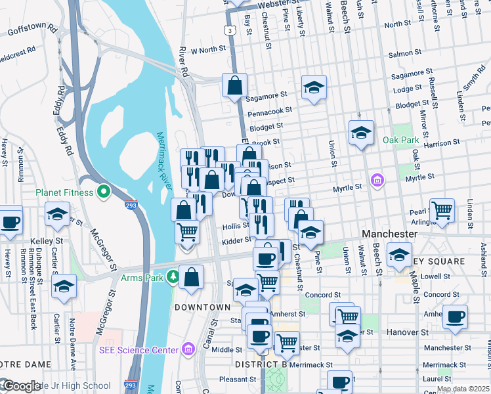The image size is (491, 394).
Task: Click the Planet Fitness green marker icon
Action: (103, 192)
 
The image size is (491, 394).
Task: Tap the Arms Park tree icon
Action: (173, 276)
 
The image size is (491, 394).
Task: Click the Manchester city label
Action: (390, 234)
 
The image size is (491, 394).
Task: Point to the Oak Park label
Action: (401, 140)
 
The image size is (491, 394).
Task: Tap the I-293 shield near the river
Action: (131, 204)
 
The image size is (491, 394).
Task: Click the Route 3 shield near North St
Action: (228, 30)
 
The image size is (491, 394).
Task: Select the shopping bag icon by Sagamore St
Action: (234, 85)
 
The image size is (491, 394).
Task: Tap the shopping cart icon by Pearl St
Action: (442, 211)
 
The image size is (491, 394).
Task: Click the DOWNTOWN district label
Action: (202, 307)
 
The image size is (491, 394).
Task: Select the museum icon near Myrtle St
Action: (377, 179)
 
